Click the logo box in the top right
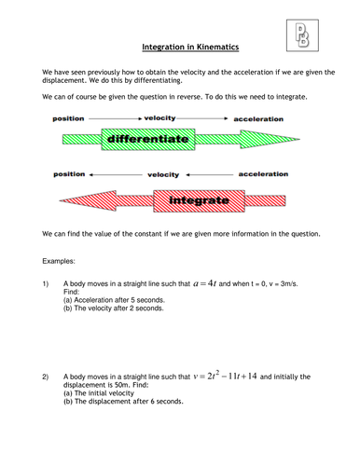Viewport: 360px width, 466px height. point(299,34)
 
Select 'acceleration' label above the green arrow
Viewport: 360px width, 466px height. point(258,119)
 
